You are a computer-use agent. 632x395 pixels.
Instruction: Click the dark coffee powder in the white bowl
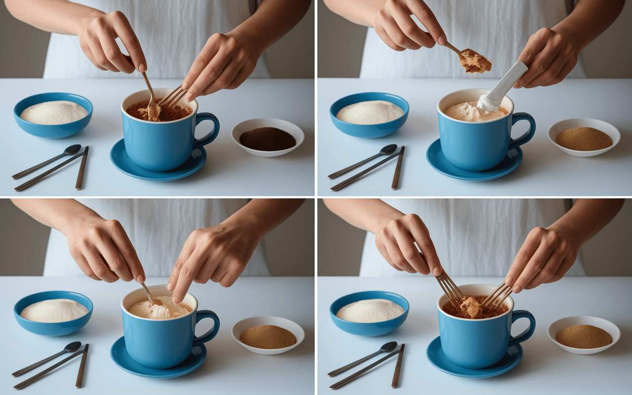pyautogui.click(x=267, y=139)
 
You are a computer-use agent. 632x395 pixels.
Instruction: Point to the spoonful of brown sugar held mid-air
pyautogui.click(x=475, y=61)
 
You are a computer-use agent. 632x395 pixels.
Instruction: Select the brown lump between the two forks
pyautogui.click(x=472, y=307)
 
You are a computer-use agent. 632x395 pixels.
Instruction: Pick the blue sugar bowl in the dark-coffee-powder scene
pyautogui.click(x=53, y=115)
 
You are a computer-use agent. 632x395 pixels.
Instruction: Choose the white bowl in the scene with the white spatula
pyautogui.click(x=584, y=138)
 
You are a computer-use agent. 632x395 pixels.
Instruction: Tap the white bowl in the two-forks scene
pyautogui.click(x=584, y=336)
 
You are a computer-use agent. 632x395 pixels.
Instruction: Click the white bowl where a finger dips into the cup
pyautogui.click(x=268, y=336)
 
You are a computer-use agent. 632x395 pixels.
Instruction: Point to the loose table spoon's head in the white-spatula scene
pyautogui.click(x=389, y=149)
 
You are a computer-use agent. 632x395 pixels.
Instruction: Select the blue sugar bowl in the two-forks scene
pyautogui.click(x=369, y=313)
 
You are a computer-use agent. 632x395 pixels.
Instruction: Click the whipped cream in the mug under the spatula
pyautogui.click(x=469, y=112)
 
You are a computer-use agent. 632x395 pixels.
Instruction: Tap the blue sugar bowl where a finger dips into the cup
pyautogui.click(x=53, y=313)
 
